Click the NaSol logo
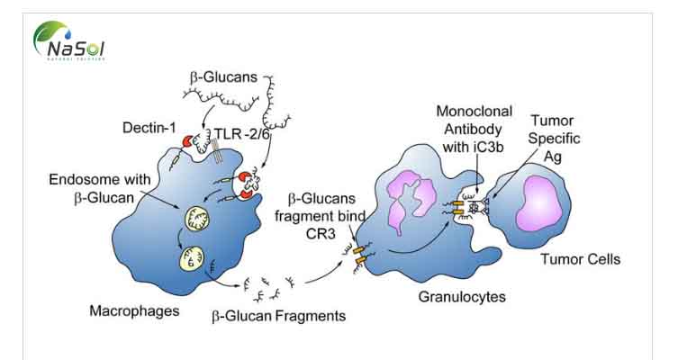69,41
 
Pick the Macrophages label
126,311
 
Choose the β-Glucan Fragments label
278,316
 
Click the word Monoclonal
475,112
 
